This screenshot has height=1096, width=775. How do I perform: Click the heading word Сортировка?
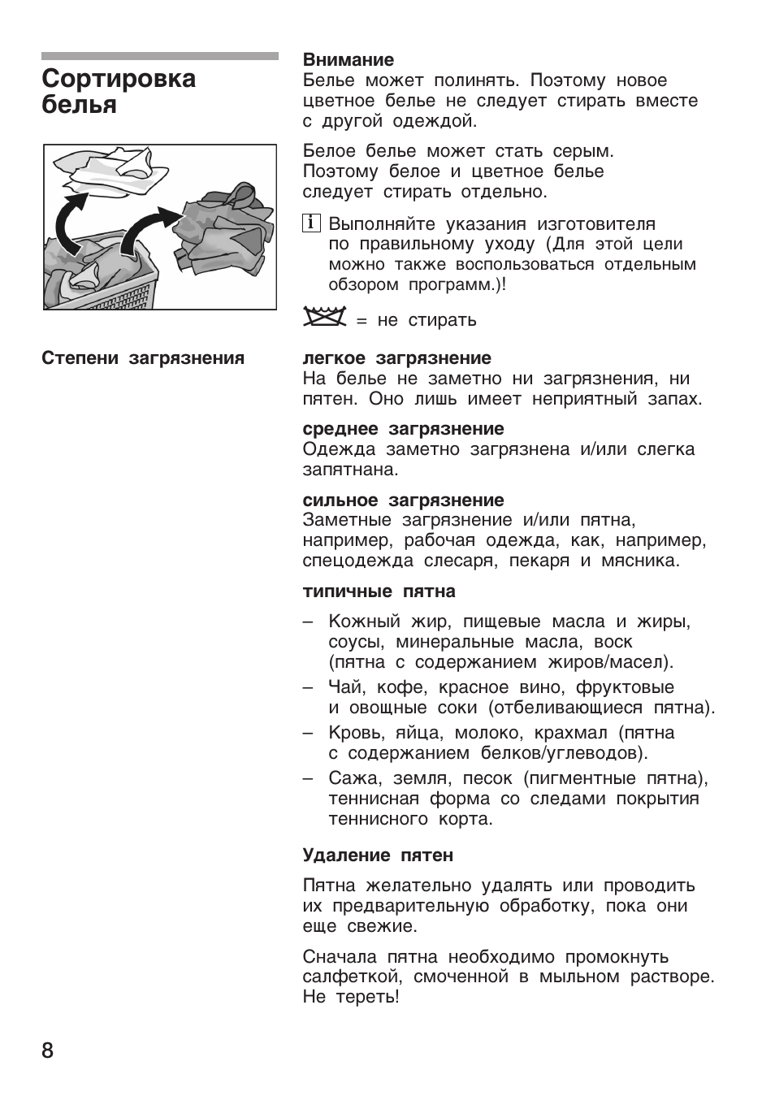[119, 79]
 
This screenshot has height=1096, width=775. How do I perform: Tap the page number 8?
[47, 1051]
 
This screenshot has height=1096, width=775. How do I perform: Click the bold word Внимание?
[348, 59]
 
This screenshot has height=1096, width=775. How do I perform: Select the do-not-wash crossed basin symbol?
[324, 318]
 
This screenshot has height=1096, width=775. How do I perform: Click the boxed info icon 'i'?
[310, 223]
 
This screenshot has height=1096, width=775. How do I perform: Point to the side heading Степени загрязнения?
[143, 358]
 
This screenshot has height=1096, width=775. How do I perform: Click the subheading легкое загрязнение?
[396, 358]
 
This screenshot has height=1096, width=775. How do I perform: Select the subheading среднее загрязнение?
[403, 429]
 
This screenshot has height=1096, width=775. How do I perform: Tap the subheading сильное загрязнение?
[403, 500]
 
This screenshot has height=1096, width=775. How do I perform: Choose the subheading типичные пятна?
[379, 591]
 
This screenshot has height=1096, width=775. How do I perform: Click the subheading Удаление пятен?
[378, 856]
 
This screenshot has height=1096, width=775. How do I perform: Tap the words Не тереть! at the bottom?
[351, 997]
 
